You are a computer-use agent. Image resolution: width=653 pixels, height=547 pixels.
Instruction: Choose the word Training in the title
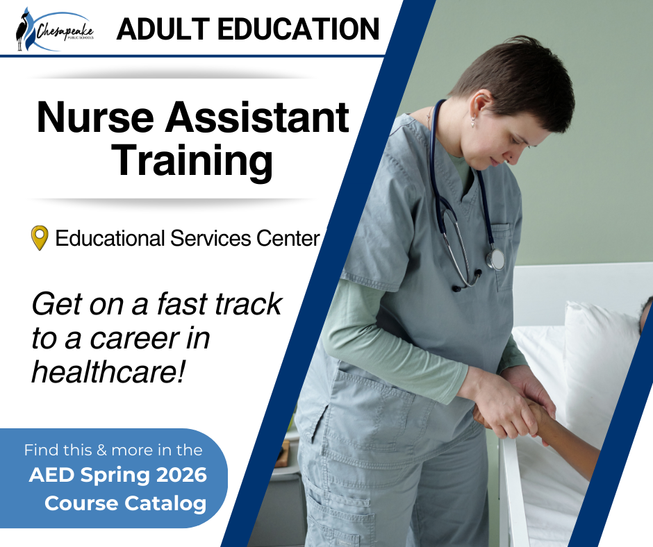click(192, 160)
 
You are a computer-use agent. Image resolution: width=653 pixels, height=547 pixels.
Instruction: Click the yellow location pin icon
click(40, 238)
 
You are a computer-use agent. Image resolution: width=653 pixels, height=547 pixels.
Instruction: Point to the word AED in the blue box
click(48, 476)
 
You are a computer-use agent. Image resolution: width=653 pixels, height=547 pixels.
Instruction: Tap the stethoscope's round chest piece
click(495, 260)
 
